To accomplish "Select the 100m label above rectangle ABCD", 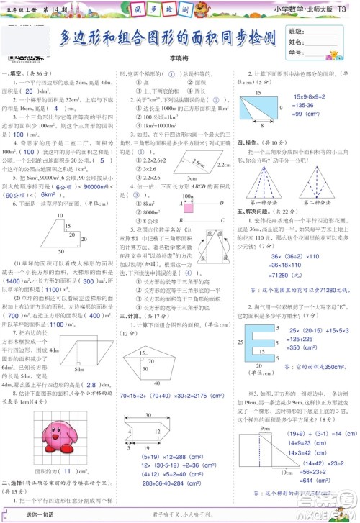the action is [189, 196].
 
